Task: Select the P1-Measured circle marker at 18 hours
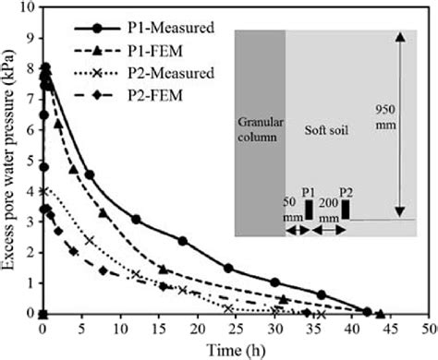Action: pyautogui.click(x=182, y=241)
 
